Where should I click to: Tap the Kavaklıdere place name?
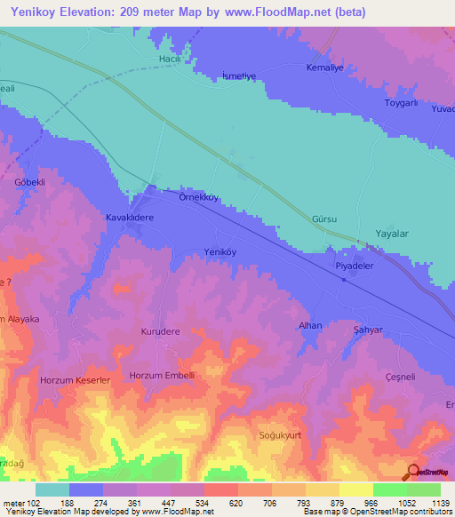(131, 217)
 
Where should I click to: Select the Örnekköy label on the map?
(199, 197)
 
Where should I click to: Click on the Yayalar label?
(390, 234)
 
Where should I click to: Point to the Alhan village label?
(310, 326)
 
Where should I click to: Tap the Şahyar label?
(367, 330)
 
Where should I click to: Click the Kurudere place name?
(161, 331)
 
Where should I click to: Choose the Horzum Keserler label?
(75, 380)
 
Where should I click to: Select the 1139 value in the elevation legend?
(427, 502)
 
